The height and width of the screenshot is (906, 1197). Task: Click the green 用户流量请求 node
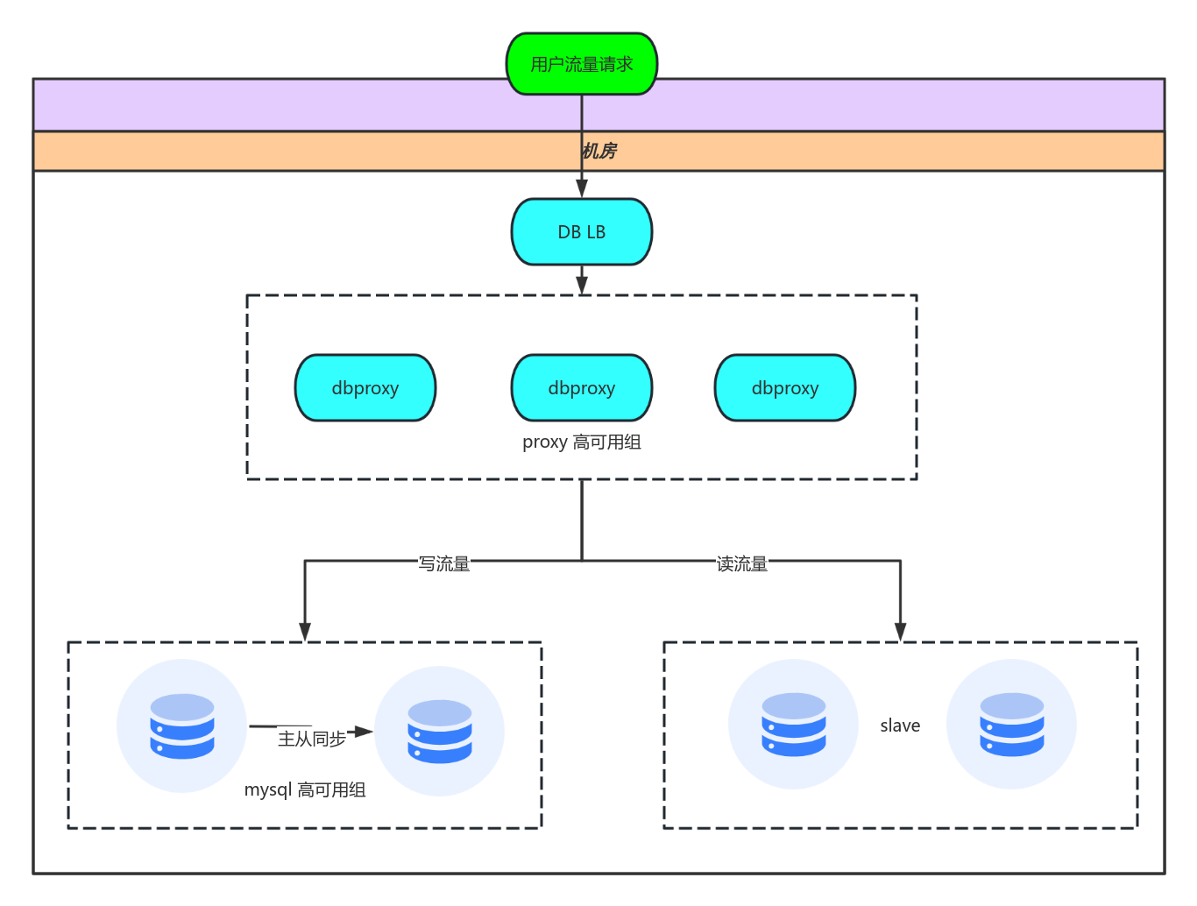point(582,64)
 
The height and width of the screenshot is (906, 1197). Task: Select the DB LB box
point(582,232)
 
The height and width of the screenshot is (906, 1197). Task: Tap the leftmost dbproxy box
point(365,388)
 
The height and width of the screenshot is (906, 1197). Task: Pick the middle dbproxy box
point(582,388)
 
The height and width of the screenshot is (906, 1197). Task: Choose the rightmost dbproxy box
point(785,388)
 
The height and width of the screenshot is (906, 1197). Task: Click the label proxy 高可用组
point(582,442)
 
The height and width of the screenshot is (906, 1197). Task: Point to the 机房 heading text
point(599,151)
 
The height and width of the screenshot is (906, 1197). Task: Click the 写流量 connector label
point(444,563)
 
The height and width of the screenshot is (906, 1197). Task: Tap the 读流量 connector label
point(742,563)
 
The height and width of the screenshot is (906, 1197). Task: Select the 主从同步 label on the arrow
point(312,739)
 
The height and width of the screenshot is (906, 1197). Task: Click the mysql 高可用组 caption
point(305,789)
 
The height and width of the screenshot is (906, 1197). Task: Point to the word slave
point(900,726)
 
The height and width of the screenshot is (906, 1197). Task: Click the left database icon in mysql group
point(182,726)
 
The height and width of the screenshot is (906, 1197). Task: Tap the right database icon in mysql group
point(440,732)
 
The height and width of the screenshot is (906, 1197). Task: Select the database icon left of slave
point(794,725)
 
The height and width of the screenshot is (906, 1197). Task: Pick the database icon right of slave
point(1012,725)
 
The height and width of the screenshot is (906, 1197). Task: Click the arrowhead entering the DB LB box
point(582,189)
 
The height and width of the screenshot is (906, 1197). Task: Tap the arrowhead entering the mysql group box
point(305,632)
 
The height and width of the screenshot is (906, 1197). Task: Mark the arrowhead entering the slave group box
point(900,632)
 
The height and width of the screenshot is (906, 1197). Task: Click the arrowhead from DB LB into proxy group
point(582,286)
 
